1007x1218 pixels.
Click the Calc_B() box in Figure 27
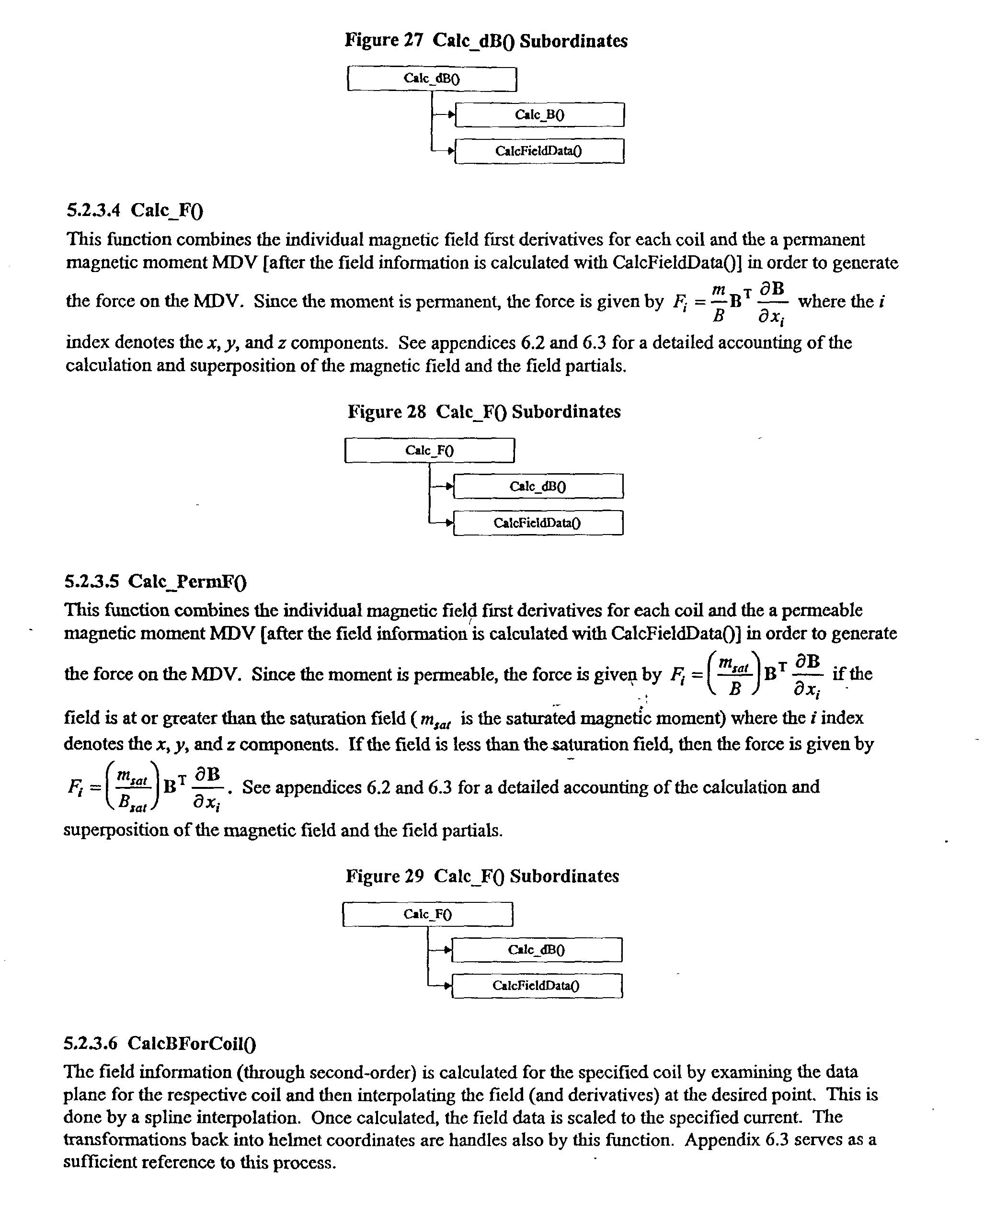(539, 115)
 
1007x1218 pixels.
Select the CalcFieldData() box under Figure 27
(539, 151)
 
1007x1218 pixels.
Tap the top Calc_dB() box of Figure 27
(432, 79)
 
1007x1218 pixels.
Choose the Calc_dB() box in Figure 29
(537, 949)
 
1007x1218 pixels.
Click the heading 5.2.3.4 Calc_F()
(135, 210)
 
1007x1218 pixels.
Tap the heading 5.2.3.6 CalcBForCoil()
(160, 1044)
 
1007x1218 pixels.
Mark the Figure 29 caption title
(482, 876)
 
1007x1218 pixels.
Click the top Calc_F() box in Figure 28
(429, 451)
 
